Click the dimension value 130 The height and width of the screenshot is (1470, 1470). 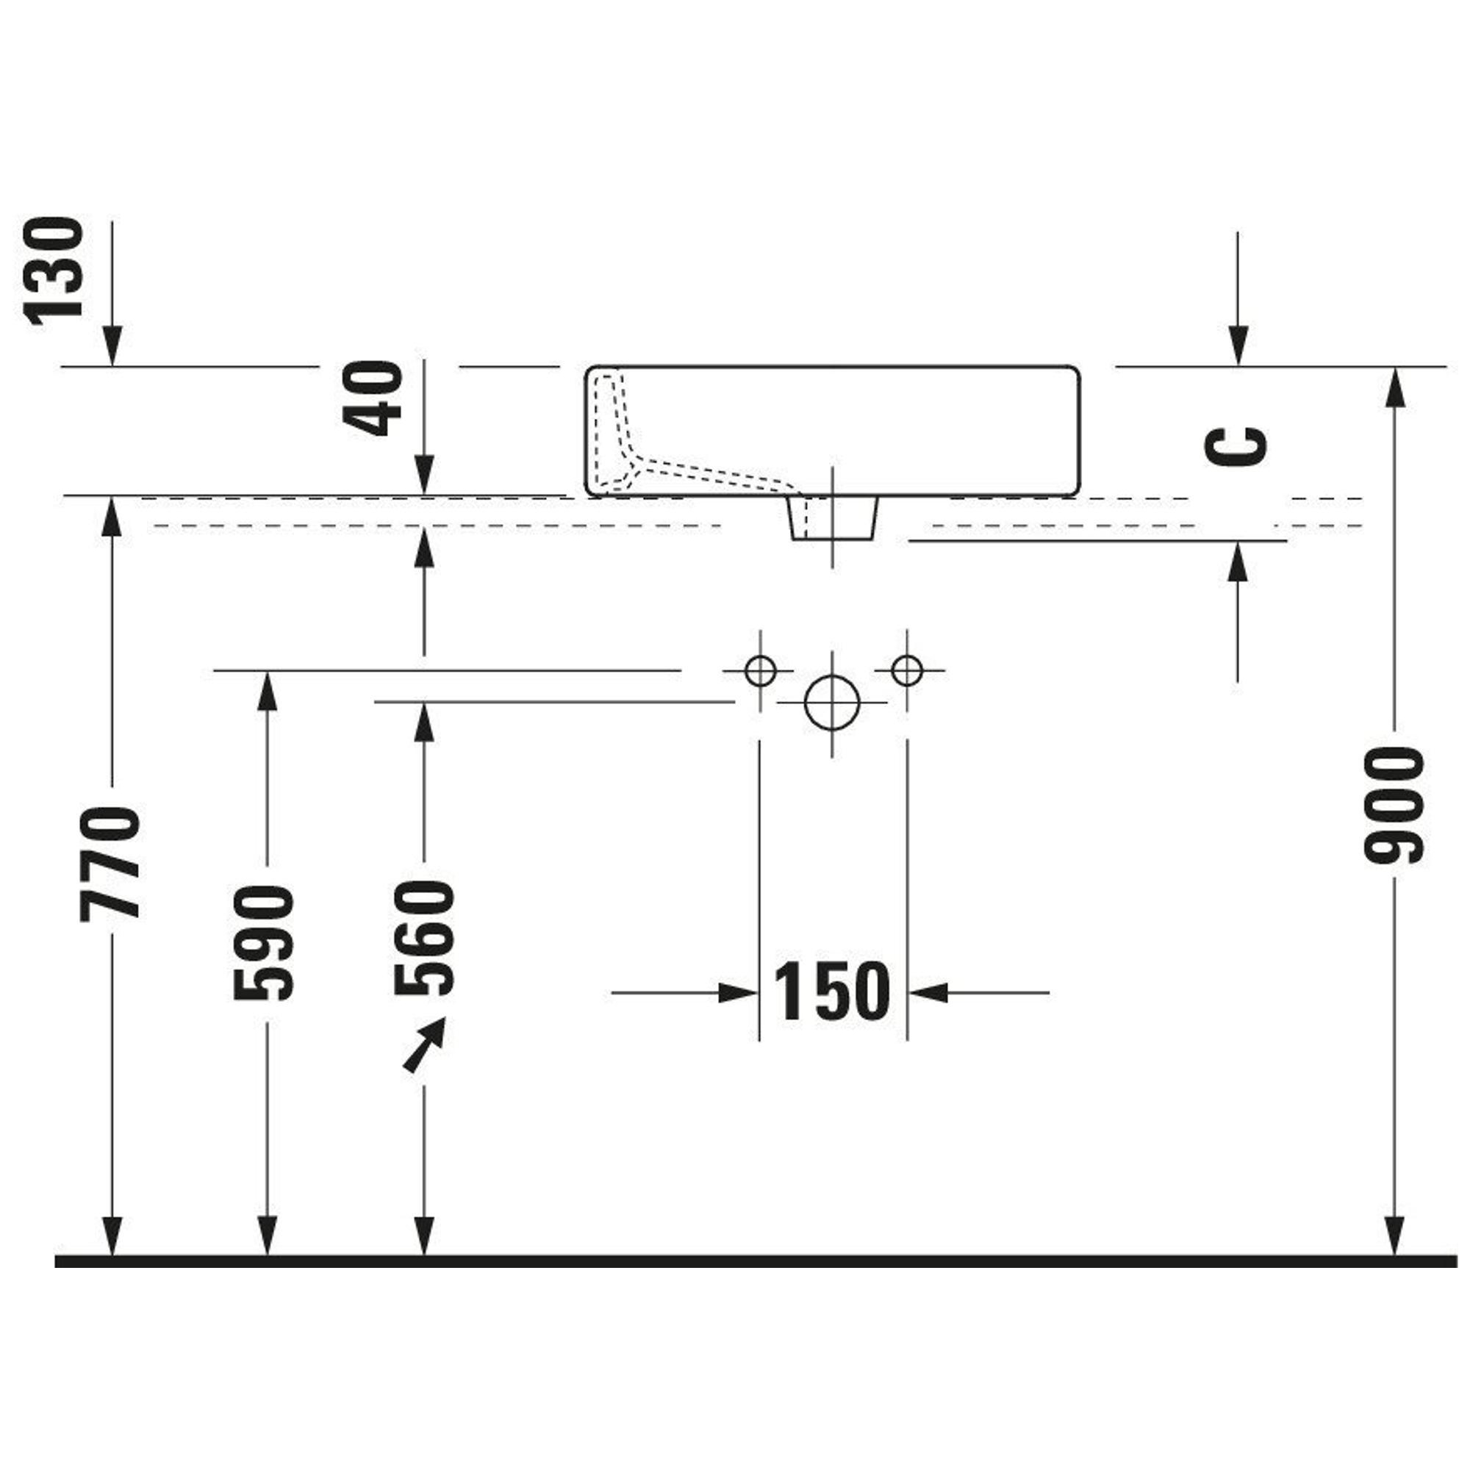[54, 270]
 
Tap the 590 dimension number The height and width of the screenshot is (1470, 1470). [264, 942]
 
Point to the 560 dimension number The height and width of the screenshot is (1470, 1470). [425, 937]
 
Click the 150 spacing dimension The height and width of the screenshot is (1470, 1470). [831, 992]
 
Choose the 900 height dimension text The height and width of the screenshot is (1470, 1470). [1393, 806]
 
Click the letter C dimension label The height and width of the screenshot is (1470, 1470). [1236, 446]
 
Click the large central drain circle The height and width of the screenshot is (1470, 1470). [831, 701]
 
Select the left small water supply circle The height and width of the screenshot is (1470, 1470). [759, 671]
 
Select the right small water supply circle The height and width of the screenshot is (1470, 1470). [906, 671]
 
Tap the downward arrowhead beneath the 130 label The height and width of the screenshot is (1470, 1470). [112, 346]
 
